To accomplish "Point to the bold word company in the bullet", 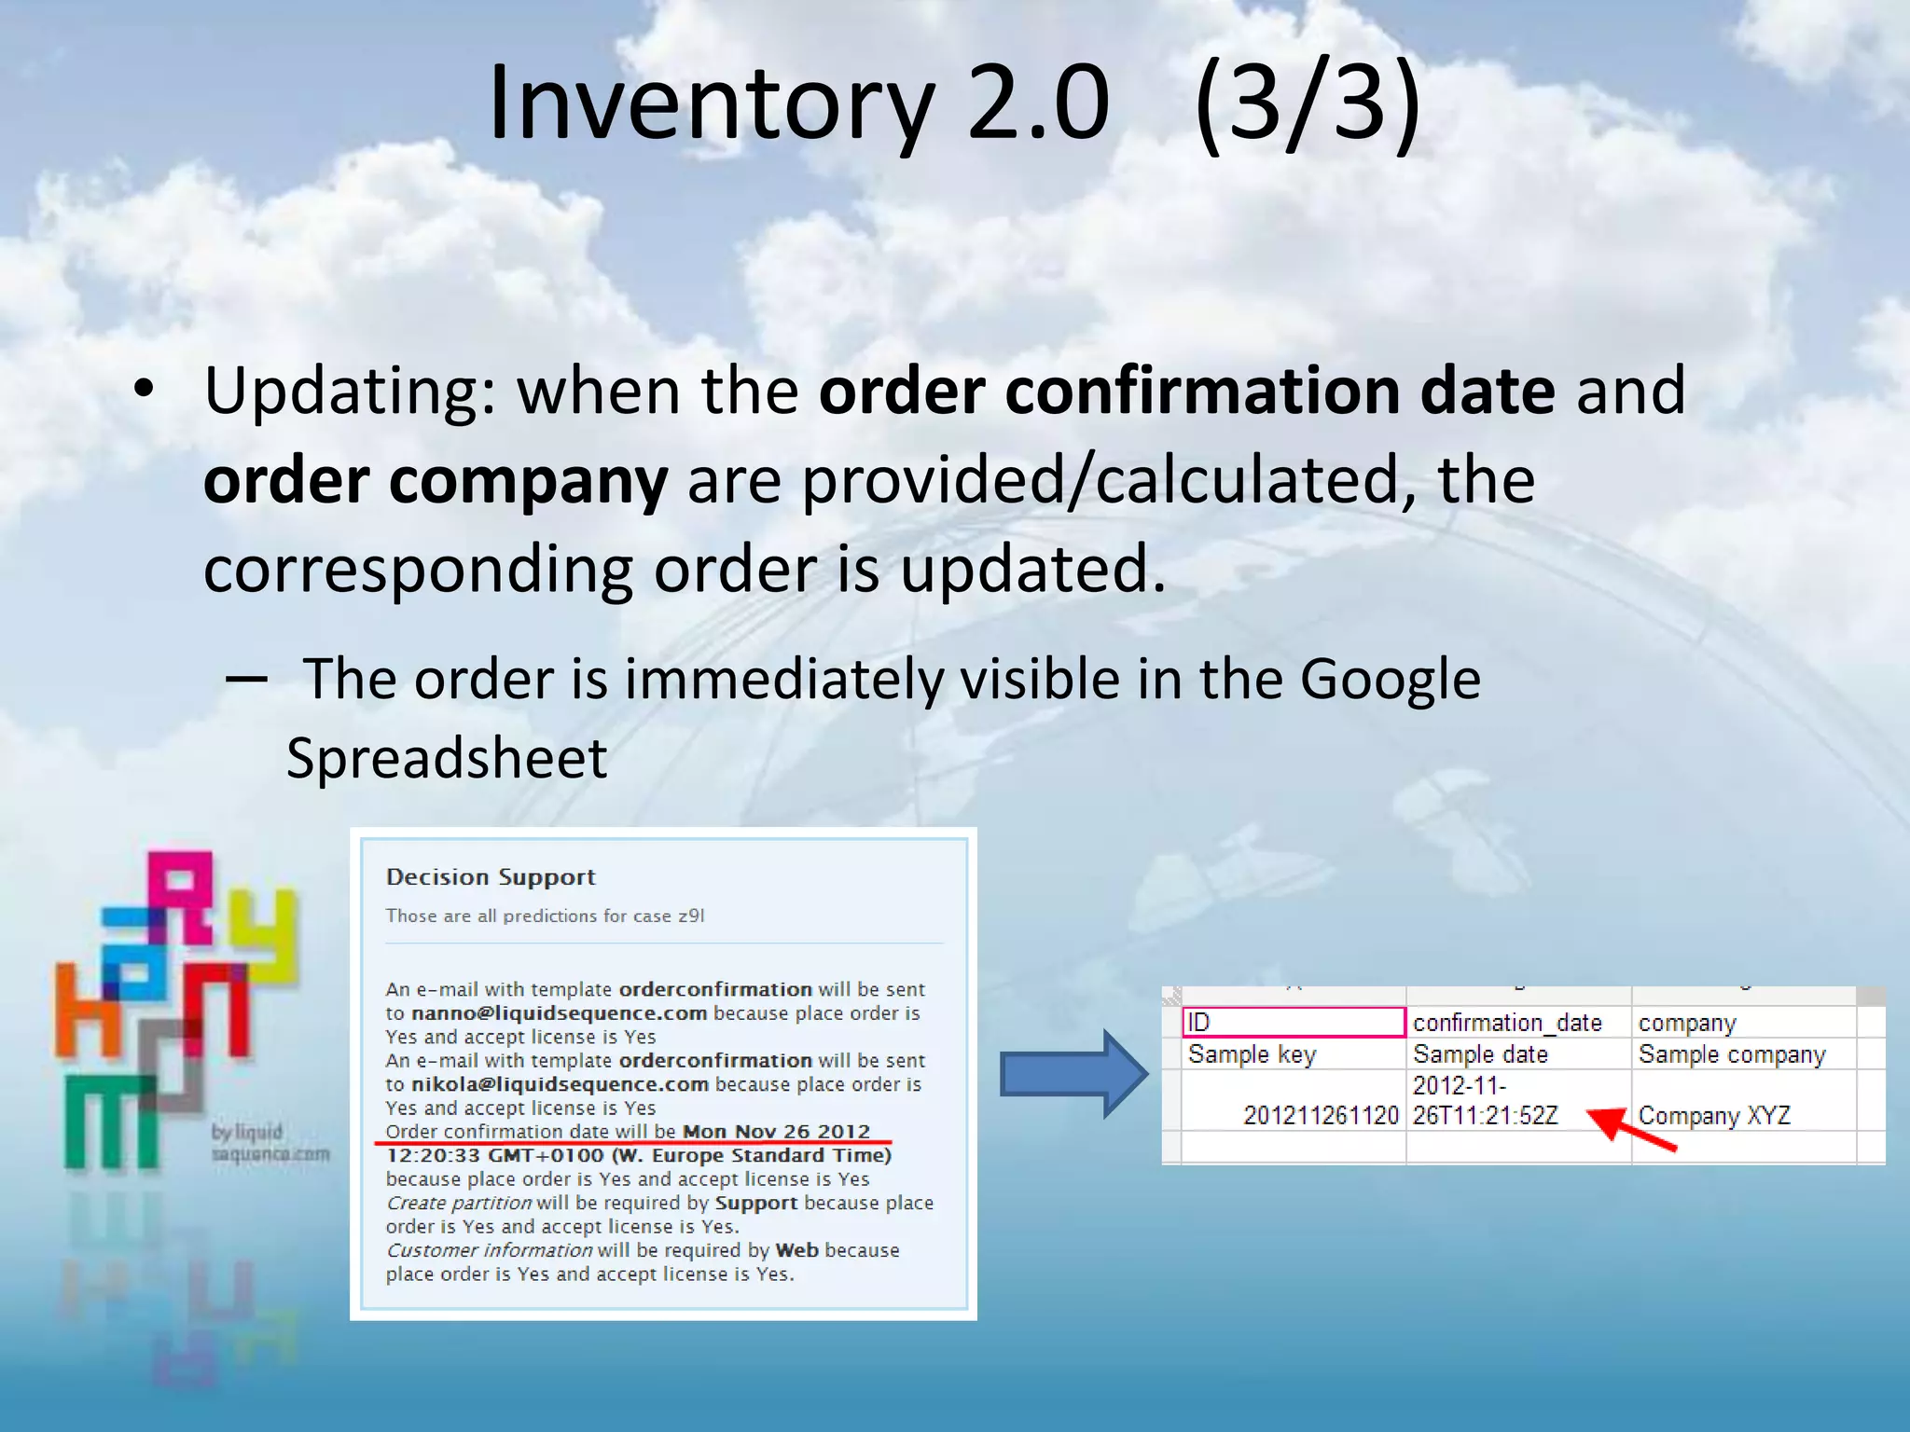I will point(528,481).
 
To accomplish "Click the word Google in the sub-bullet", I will point(1390,679).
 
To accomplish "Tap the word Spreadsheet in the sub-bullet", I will point(447,757).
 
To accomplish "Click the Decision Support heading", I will point(491,877).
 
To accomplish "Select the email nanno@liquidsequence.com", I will point(559,1013).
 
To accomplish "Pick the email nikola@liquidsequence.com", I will point(560,1084).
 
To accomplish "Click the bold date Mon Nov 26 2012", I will point(776,1132).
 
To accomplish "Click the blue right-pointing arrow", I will point(1073,1074).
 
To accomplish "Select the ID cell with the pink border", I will point(1293,1023).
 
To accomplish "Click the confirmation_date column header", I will point(1507,1023).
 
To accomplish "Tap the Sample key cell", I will point(1252,1054).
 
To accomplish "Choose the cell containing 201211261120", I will point(1321,1115).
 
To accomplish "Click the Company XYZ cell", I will point(1714,1115).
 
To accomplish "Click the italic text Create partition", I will point(458,1203).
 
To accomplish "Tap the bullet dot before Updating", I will point(143,392).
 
